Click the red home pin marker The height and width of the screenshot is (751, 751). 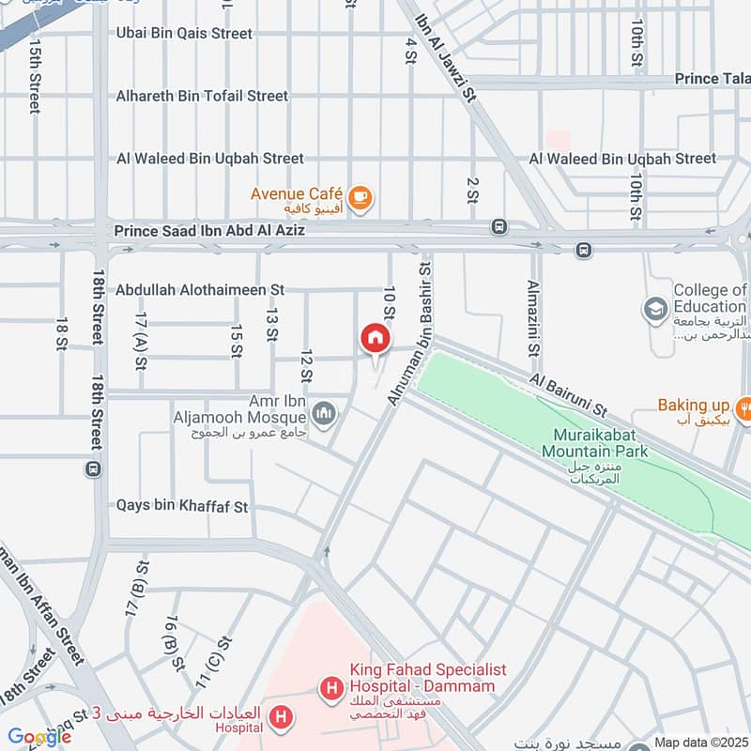coord(375,339)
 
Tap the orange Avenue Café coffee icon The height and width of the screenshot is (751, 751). coord(360,197)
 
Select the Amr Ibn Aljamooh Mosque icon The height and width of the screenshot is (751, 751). coord(324,413)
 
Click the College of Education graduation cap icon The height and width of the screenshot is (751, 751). coord(654,308)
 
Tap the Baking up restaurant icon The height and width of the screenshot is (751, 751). coord(743,406)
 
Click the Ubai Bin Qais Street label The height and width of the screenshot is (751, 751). coord(184,34)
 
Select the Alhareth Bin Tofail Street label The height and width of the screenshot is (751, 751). coord(202,96)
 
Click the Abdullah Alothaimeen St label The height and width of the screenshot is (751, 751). coord(200,291)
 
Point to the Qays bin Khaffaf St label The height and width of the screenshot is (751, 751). coord(181,506)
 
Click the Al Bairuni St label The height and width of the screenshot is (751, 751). coord(569,395)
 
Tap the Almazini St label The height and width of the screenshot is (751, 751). coord(533,318)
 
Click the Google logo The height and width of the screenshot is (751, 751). coord(38,737)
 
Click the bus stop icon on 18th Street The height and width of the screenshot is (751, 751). coord(93,467)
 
